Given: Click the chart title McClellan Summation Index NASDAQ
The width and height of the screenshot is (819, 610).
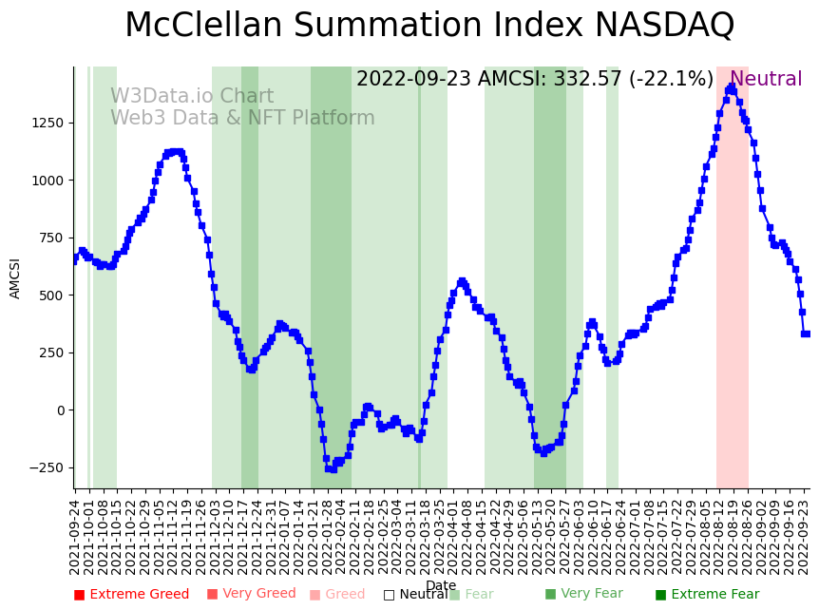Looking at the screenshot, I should point(429,26).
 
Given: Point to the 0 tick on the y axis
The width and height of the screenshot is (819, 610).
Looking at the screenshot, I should point(60,410).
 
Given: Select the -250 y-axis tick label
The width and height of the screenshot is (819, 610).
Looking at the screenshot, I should point(44,467).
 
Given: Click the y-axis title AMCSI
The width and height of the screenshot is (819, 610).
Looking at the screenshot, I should point(15,278).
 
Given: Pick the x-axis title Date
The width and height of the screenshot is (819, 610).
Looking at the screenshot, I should point(441,585).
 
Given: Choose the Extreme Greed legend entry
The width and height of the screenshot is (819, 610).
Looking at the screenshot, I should point(131,595).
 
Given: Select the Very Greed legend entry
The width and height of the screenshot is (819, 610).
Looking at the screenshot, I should point(251,594).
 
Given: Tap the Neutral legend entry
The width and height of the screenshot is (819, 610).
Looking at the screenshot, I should point(415,595).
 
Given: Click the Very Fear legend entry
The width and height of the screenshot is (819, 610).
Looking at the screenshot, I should point(583,594).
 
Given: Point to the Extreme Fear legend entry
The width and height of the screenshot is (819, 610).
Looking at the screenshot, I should point(707,595).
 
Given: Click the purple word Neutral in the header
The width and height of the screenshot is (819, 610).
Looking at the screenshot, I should point(766,80).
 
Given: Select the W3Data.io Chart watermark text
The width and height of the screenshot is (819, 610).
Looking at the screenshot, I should point(192,97).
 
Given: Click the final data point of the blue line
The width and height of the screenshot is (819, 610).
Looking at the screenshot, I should point(806,334).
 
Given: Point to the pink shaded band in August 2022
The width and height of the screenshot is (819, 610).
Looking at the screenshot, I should point(733,285).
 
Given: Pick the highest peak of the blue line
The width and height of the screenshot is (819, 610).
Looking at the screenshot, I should point(731,87).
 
